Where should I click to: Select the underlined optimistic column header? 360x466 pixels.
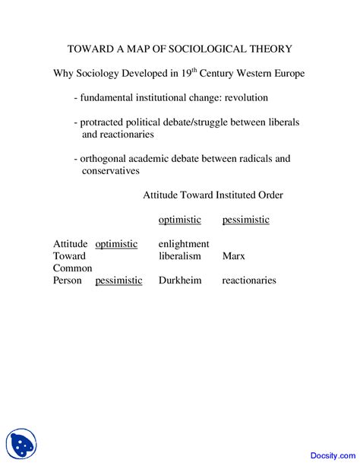click(179, 220)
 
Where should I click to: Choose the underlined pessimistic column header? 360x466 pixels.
click(245, 220)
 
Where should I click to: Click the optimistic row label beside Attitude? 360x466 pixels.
click(116, 244)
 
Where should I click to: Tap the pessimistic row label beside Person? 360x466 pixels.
click(118, 281)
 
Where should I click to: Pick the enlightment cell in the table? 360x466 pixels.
click(183, 244)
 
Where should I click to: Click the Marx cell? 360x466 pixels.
click(233, 256)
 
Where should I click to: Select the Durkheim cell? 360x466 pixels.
click(179, 281)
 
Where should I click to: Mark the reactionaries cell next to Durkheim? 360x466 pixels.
click(249, 281)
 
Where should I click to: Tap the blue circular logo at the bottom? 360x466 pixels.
click(21, 443)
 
